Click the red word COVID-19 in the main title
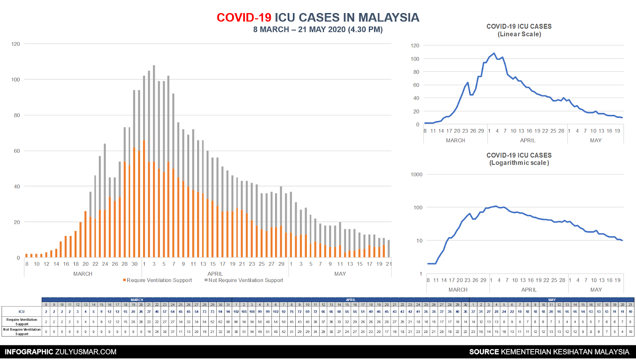click(244, 18)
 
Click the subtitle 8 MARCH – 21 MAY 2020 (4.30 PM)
click(318, 29)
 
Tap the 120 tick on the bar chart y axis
click(16, 44)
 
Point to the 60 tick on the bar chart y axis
click(17, 151)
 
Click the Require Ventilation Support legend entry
click(158, 280)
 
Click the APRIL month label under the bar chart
click(215, 274)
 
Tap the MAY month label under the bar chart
click(340, 274)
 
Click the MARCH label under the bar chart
click(83, 274)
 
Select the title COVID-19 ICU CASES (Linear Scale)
click(519, 30)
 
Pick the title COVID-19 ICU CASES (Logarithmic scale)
click(519, 159)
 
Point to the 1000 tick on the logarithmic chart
click(416, 175)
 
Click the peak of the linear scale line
click(494, 53)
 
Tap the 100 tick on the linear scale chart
click(415, 59)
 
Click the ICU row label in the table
click(21, 312)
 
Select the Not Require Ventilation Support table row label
click(22, 332)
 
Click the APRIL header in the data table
click(350, 300)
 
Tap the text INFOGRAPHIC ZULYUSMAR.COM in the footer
click(60, 352)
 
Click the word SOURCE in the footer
click(484, 352)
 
